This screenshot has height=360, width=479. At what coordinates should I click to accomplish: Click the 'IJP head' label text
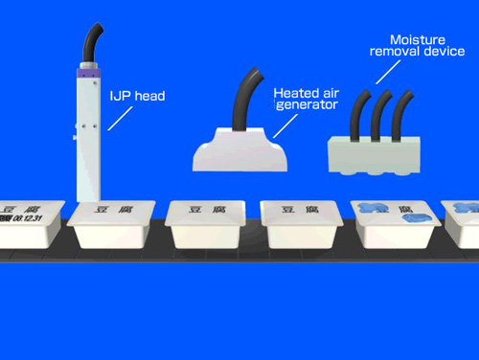(136, 96)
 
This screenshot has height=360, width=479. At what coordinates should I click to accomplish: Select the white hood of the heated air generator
(240, 152)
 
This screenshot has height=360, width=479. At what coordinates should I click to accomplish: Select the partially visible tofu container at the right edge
(462, 224)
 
